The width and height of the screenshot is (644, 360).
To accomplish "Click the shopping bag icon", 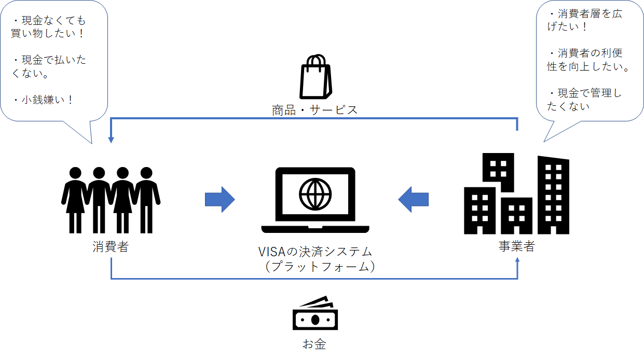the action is [316, 76].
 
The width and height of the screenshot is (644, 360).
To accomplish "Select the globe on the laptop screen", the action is [315, 194].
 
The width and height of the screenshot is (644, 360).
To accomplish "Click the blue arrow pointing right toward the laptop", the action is [220, 199].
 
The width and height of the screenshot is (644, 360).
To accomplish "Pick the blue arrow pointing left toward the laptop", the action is [414, 199].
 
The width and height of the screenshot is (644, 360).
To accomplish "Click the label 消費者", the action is [111, 247].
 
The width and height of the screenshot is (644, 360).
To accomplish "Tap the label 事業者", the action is [517, 246].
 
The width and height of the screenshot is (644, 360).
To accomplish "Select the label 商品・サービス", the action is [314, 110].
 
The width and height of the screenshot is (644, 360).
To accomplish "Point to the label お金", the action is [314, 344].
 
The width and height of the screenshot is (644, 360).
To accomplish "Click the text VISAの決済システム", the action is [315, 252].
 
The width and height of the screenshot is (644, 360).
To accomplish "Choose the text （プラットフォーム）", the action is [320, 267].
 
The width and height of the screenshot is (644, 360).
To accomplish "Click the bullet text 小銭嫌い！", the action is [47, 100].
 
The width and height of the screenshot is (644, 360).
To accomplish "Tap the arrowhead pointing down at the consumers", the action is [111, 140].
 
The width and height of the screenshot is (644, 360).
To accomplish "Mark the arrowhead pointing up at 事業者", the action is [517, 260].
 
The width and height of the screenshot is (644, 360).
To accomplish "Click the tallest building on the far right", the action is [553, 195].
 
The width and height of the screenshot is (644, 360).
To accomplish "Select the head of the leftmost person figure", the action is [75, 173].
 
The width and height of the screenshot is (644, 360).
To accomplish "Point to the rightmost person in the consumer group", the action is [147, 200].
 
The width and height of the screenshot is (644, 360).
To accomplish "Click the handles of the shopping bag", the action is [316, 60].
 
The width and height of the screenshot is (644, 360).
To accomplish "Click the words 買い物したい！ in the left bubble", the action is [48, 33].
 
